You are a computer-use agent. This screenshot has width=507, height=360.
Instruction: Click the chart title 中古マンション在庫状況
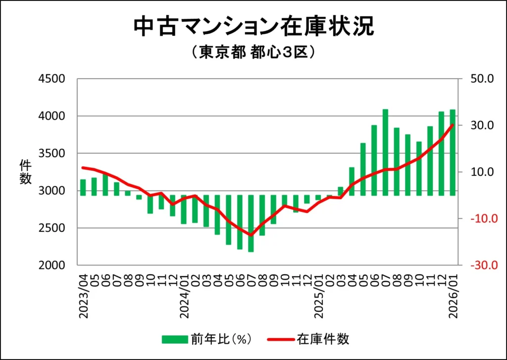[253, 27]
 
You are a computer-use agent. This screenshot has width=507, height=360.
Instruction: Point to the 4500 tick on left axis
[52, 79]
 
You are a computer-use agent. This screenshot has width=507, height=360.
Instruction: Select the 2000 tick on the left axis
[52, 265]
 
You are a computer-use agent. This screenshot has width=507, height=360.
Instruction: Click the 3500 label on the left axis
[52, 154]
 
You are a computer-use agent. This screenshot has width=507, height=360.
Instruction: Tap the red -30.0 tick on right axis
[479, 265]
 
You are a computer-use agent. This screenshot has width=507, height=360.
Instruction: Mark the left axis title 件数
[25, 172]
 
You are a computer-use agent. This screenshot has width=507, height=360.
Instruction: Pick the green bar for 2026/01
[453, 153]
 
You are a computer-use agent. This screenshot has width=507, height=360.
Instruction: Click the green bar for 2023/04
[83, 187]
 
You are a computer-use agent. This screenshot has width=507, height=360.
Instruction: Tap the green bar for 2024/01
[184, 209]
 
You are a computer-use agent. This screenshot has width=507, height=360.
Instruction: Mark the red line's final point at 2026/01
[453, 125]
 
